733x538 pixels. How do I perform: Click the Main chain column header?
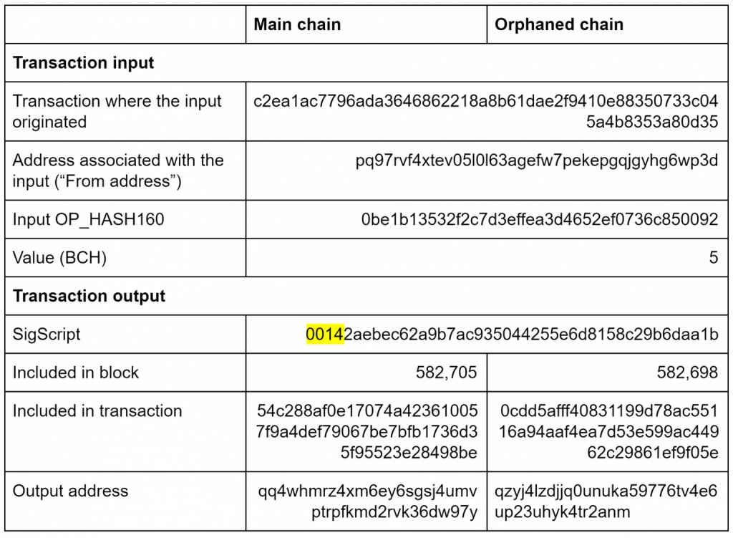[297, 24]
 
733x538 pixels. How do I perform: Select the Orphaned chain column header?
[558, 24]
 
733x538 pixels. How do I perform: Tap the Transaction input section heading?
[83, 63]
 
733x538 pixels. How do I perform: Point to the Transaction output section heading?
[89, 296]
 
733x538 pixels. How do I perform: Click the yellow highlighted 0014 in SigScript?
[325, 334]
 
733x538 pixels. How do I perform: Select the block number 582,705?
[446, 373]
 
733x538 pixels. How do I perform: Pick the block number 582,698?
[686, 373]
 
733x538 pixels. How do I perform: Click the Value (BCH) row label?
[59, 258]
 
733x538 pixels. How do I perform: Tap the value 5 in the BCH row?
[713, 257]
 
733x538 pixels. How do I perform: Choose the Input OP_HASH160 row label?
[88, 219]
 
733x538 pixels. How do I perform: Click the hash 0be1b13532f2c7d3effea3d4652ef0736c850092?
[540, 219]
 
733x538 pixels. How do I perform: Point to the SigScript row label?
[47, 335]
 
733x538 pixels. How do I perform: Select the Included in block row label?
[75, 373]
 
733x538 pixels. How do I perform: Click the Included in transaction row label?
[97, 410]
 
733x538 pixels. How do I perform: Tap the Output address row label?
[70, 491]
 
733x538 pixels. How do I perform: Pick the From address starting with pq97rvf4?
[537, 160]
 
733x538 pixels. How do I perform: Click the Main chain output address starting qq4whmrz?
[367, 501]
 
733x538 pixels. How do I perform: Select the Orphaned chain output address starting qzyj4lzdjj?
[606, 501]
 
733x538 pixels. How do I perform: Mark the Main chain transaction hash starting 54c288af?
[366, 431]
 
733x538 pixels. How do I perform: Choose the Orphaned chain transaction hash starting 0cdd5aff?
[608, 431]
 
